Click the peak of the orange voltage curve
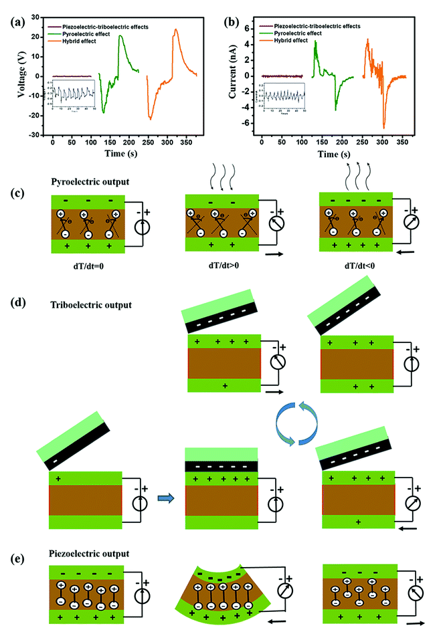coord(175,29)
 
